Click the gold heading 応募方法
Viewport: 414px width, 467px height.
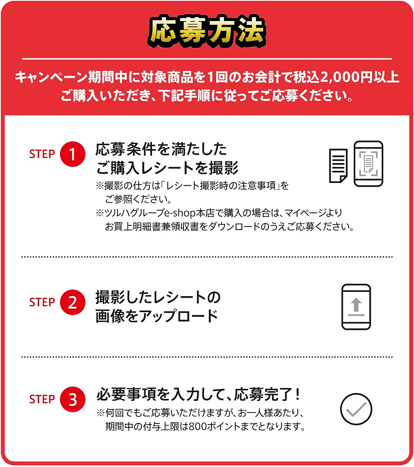pos(207,31)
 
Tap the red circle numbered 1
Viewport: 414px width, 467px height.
pos(73,154)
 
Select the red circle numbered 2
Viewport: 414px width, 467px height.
pos(73,302)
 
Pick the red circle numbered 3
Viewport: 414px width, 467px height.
pos(73,399)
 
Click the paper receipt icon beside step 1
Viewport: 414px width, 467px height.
pos(338,165)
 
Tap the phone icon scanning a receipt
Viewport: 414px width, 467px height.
pos(368,163)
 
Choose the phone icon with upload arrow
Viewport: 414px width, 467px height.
pos(356,307)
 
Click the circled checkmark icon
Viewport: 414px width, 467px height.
pos(356,409)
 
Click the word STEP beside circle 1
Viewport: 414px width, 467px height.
pos(42,154)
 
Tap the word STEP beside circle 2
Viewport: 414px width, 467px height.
pos(42,302)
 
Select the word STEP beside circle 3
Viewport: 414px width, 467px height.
pos(42,399)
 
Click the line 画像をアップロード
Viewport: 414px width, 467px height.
pos(157,316)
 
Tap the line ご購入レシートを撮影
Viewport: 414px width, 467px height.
pos(167,168)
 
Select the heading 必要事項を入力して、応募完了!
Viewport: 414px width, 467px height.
pos(198,395)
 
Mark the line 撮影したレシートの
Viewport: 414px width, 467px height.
pos(158,297)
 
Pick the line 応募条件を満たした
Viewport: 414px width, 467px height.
pos(161,149)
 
